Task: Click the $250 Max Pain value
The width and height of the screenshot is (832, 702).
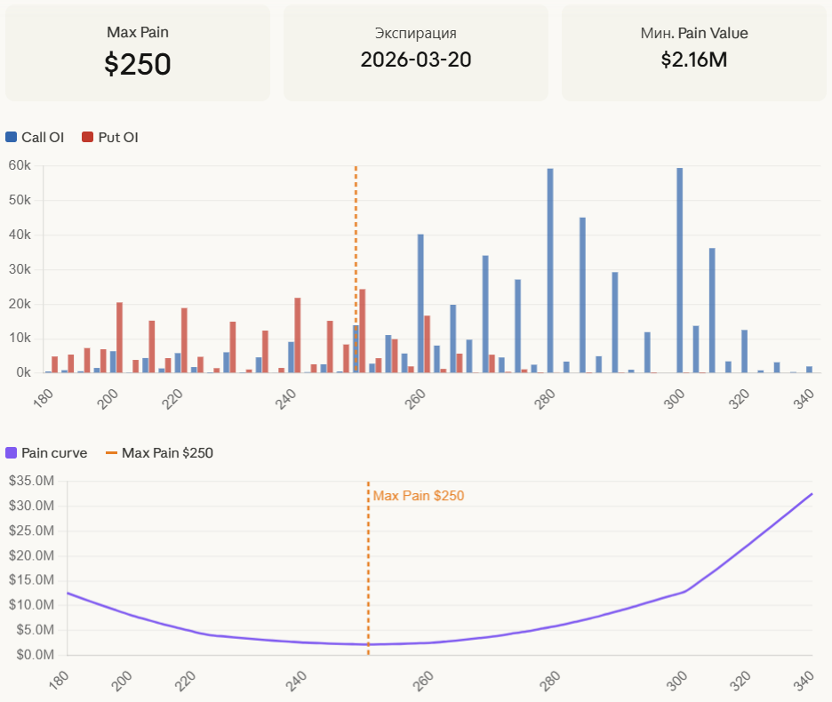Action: tap(138, 65)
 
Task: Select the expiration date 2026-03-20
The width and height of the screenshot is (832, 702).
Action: tap(415, 60)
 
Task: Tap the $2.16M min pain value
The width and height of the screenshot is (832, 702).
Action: tap(694, 60)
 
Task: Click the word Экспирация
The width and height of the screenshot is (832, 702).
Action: tap(415, 34)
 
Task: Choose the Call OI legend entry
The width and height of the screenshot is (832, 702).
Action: tap(35, 137)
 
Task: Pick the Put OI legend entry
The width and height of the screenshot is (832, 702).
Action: tap(110, 137)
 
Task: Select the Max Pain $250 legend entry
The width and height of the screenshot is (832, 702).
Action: tap(160, 452)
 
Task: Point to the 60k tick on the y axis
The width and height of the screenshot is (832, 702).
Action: tap(20, 165)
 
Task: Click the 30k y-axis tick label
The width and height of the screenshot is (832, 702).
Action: tap(20, 269)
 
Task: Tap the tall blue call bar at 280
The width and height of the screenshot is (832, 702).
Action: tap(550, 270)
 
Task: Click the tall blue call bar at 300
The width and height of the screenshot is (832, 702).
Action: tap(680, 270)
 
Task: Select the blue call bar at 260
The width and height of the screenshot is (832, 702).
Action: tap(420, 303)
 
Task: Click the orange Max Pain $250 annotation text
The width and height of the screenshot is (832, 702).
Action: tap(418, 496)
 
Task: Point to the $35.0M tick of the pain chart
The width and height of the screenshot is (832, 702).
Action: tap(31, 481)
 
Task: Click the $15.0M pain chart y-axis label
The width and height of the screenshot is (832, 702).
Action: tap(31, 580)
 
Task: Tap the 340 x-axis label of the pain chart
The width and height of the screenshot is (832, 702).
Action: tap(804, 679)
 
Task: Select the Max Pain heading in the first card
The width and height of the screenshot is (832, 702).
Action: tap(138, 33)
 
